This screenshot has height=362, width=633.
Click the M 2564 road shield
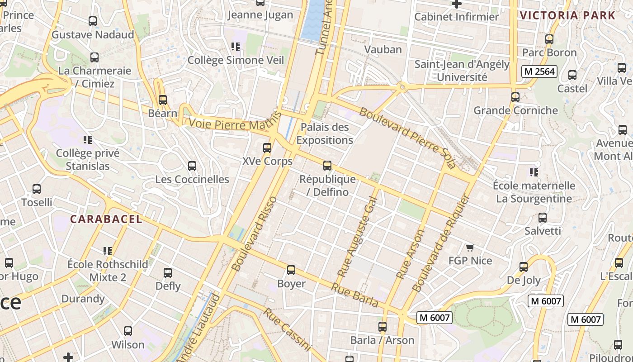539,71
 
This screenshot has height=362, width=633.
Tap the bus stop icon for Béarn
162,100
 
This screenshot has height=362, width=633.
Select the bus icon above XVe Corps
267,148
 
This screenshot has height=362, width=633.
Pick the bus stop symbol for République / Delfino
327,166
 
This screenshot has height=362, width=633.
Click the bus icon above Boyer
291,271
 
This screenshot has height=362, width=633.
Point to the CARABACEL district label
106,219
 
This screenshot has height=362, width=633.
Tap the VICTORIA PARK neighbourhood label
567,15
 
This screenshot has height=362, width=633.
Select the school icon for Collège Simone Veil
235,47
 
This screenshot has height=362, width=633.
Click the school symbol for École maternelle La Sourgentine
534,172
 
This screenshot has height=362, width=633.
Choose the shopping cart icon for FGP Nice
470,248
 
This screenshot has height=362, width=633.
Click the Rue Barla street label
354,295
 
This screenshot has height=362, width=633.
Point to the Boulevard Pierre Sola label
407,138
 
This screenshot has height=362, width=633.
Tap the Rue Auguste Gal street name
357,236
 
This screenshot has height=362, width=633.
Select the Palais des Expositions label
325,133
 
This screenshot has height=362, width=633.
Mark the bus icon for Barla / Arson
383,327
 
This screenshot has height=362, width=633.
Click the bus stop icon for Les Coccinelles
192,166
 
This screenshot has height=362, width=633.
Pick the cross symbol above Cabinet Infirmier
457,4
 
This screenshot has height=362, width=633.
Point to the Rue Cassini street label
287,329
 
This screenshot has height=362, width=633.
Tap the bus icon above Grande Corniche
515,97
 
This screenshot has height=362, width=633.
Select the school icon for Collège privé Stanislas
88,140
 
